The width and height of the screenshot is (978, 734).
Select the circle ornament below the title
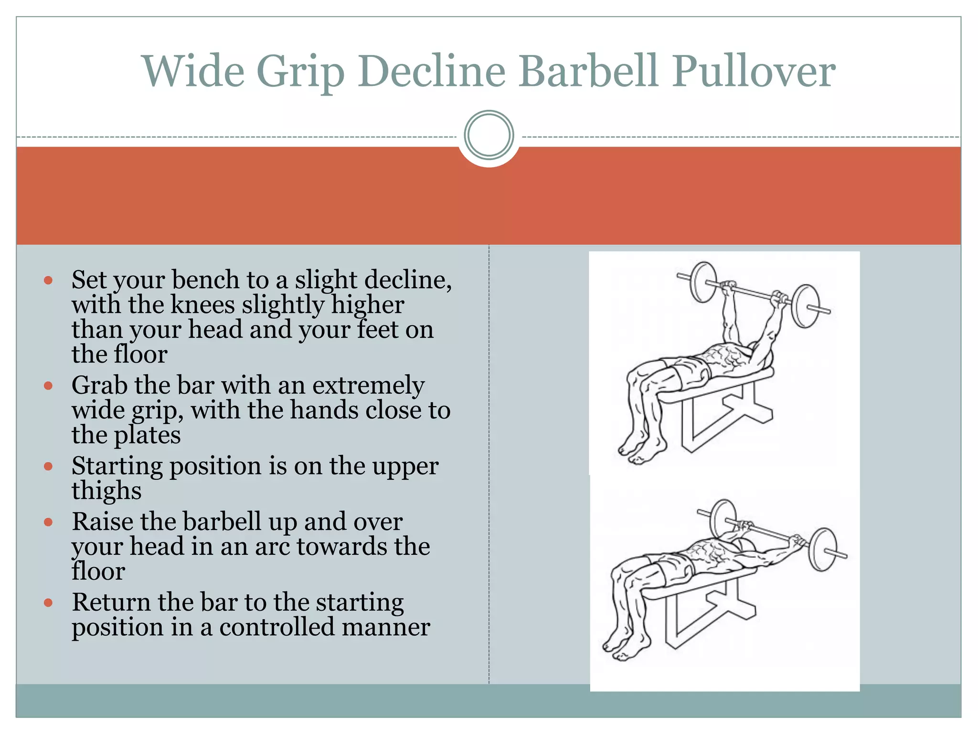489,135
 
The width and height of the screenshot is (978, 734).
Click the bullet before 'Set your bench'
48,281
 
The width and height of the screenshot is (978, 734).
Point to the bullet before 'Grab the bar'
48,386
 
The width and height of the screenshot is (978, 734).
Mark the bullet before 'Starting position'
48,466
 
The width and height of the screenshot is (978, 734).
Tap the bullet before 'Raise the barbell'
48,522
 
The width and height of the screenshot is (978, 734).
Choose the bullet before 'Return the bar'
48,603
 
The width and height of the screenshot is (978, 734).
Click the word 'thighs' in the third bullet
106,491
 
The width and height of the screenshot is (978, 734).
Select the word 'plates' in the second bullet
147,435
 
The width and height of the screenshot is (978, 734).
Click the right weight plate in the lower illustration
822,550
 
